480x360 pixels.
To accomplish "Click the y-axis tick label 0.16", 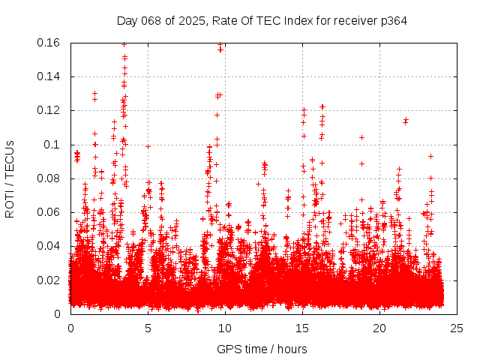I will tap(49, 43).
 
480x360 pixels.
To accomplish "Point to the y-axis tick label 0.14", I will tap(49, 76).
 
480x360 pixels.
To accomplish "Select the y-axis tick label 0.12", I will tap(49, 110).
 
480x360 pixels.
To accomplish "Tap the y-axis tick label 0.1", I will tap(54, 145).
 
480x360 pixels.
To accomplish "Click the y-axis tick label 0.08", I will tap(49, 178).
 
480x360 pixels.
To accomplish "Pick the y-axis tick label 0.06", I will tap(49, 212).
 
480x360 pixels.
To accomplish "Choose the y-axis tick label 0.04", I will tap(49, 246).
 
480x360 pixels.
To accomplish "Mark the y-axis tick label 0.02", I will tap(49, 280).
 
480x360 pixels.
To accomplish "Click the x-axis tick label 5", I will tap(148, 328).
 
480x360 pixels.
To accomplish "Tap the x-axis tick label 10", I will tap(225, 328).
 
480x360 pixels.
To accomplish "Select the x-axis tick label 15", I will tap(302, 328).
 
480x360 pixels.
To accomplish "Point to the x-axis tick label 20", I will tap(379, 328).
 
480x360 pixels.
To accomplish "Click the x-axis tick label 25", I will tap(457, 328).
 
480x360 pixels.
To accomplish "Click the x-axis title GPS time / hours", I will tap(262, 349).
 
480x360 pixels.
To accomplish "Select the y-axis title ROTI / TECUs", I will tap(10, 178).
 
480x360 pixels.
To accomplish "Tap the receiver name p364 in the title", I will tap(393, 20).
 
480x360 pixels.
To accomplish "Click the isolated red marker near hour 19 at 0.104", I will tap(361, 138).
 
